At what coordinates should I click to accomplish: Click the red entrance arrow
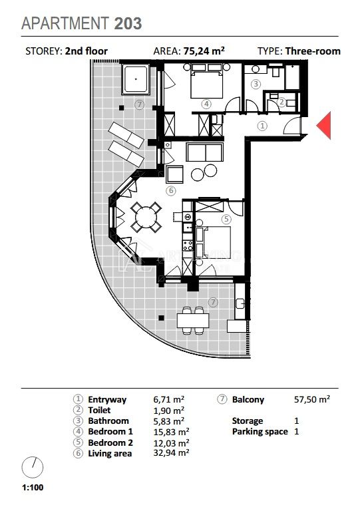pos(325,126)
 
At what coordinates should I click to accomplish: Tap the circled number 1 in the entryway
pos(262,126)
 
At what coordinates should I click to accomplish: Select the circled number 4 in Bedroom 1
pos(206,104)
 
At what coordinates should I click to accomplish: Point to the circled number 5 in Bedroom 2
pos(226,219)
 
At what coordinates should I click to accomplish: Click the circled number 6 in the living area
pos(171,191)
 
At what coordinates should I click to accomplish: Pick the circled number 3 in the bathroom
pos(256,84)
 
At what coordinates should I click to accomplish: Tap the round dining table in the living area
pos(146,217)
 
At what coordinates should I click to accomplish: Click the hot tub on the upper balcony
pos(136,79)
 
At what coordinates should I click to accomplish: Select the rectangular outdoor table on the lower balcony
pos(193,320)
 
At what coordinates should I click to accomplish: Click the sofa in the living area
pos(204,152)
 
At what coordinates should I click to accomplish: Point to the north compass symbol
pos(32,467)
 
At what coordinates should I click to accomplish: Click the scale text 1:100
pos(33,488)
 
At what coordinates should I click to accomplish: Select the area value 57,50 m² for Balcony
pos(312,399)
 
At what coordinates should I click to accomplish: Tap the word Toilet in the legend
pos(99,410)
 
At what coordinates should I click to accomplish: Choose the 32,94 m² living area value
pos(171,452)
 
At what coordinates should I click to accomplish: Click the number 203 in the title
pos(128,23)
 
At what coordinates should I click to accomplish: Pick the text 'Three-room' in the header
pos(313,51)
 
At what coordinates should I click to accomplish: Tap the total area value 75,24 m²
pos(204,51)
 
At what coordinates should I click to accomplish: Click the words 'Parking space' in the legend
pos(260,432)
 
